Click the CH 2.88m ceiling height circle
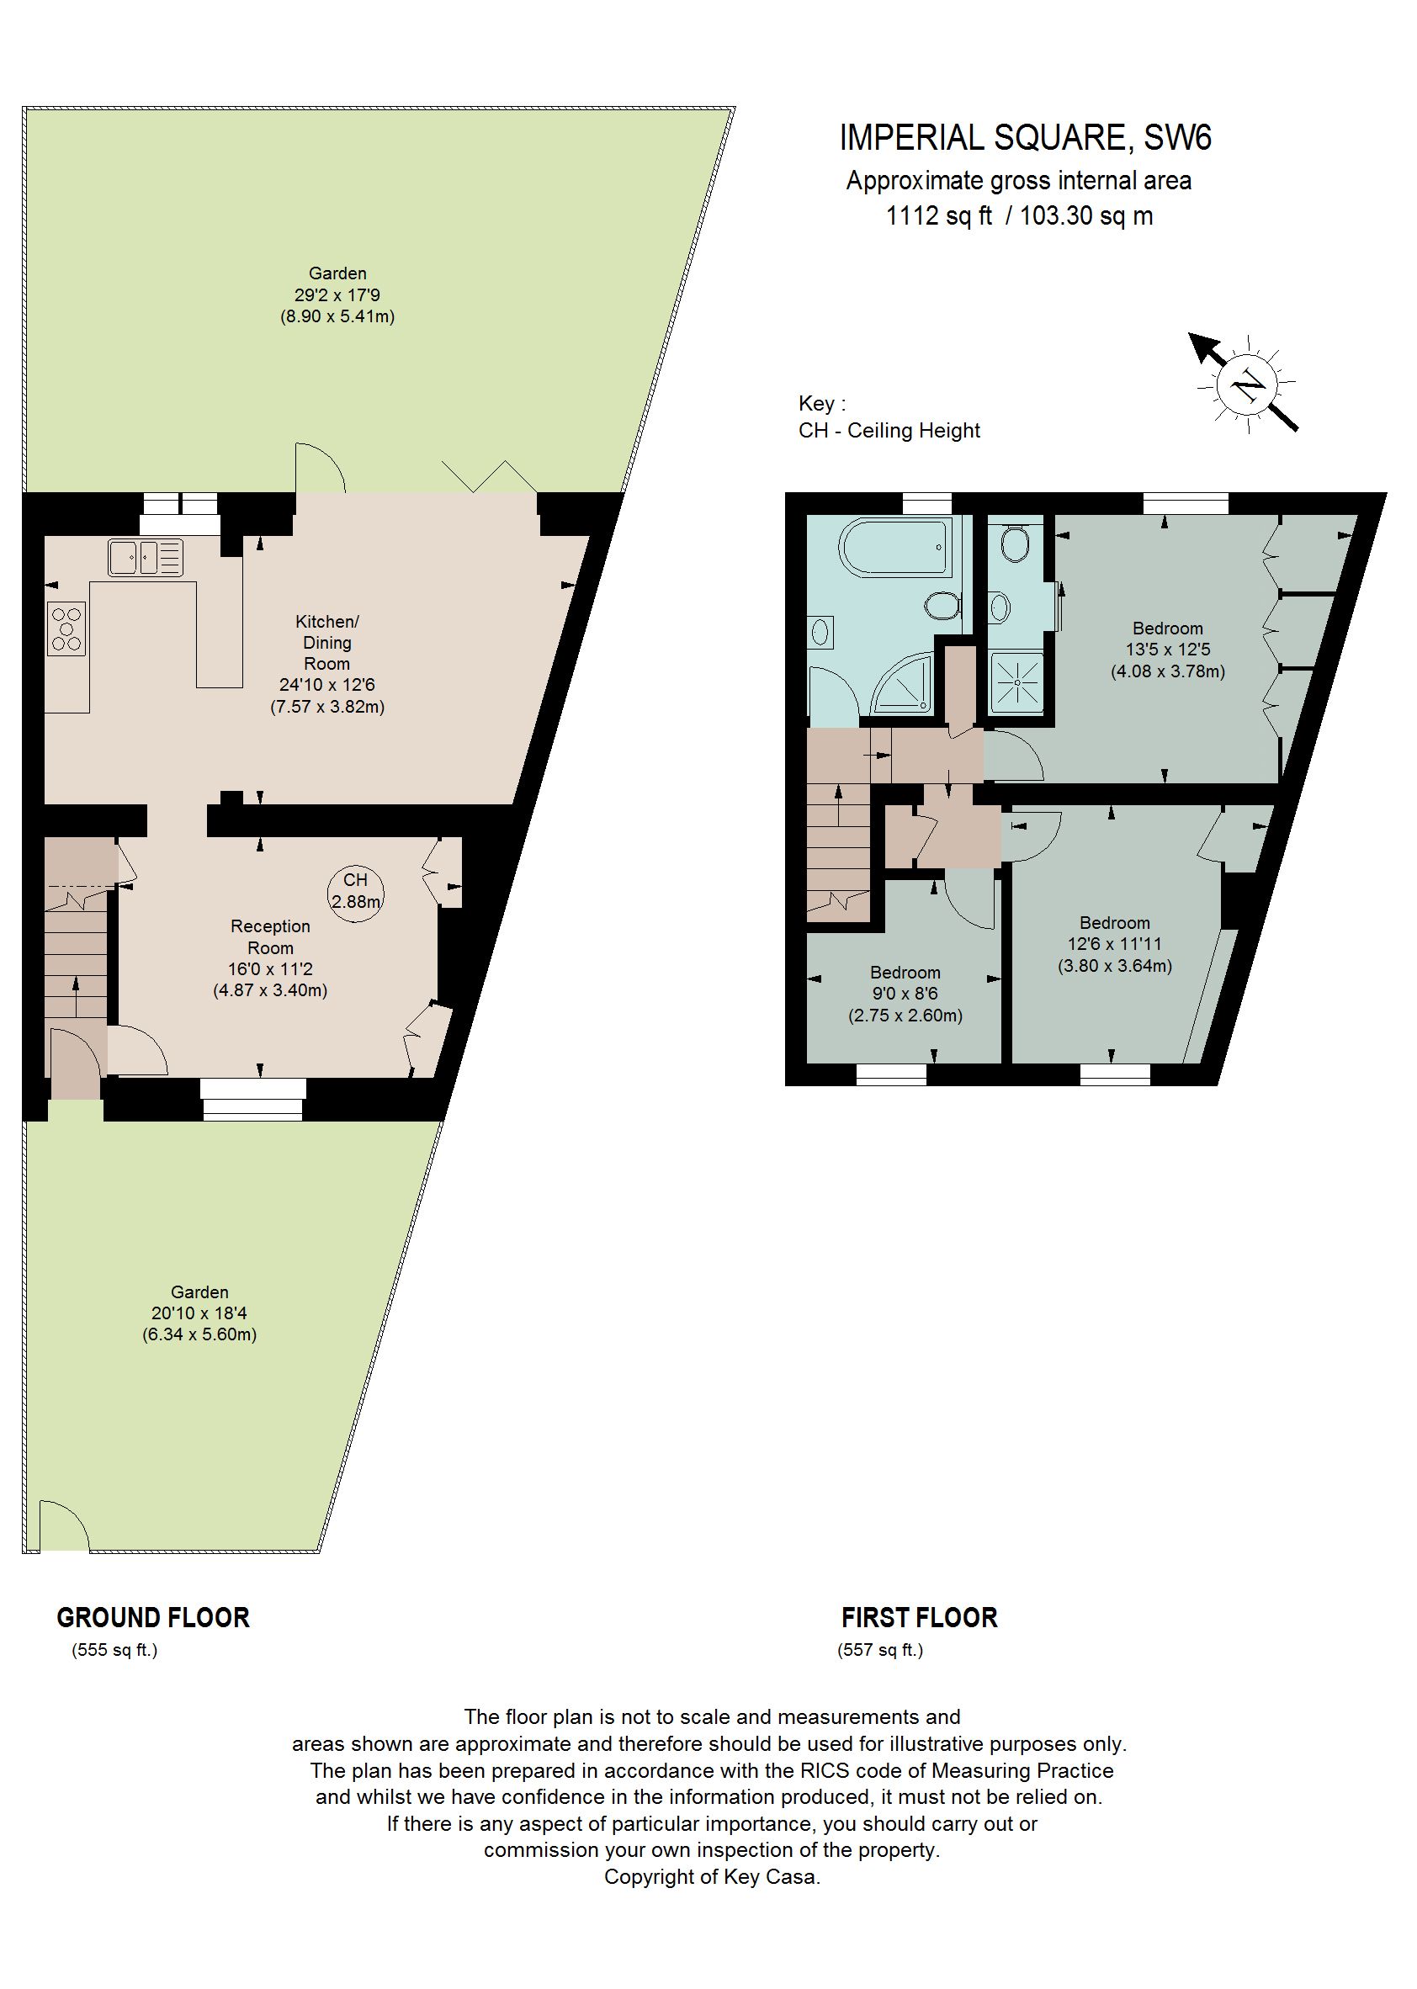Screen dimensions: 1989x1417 pyautogui.click(x=355, y=891)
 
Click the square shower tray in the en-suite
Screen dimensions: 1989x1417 pyautogui.click(x=1017, y=681)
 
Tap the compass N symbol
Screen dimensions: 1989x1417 pyautogui.click(x=1247, y=384)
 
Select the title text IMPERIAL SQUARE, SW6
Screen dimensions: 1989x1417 pyautogui.click(x=1025, y=138)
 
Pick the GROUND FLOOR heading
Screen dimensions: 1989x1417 pyautogui.click(x=152, y=1618)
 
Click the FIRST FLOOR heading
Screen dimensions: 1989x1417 pyautogui.click(x=919, y=1618)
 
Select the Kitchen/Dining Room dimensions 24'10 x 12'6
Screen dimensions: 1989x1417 pyautogui.click(x=327, y=686)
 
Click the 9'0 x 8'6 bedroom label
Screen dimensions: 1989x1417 pyautogui.click(x=905, y=994)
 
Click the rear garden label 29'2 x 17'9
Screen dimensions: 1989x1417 pyautogui.click(x=337, y=294)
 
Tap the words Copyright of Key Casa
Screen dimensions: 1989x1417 pyautogui.click(x=712, y=1877)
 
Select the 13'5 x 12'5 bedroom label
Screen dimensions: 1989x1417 pyautogui.click(x=1167, y=650)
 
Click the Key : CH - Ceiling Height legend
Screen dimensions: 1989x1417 pyautogui.click(x=889, y=418)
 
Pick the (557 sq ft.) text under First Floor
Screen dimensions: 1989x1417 pyautogui.click(x=879, y=1650)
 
